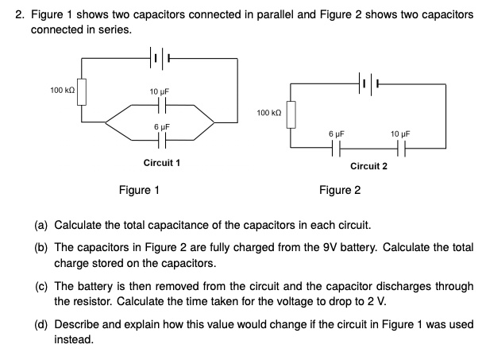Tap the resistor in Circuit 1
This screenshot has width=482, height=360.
[81, 93]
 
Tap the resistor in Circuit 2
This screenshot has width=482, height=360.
[291, 114]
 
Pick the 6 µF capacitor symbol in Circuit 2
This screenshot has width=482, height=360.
[336, 147]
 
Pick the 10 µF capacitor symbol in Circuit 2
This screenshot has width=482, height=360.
[400, 147]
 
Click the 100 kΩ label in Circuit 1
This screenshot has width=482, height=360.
[62, 91]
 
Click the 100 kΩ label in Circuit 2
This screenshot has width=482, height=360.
[270, 114]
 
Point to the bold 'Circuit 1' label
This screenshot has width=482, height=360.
[161, 162]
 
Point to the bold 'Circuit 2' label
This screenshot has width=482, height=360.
[368, 166]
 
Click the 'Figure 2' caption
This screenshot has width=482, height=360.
[340, 190]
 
